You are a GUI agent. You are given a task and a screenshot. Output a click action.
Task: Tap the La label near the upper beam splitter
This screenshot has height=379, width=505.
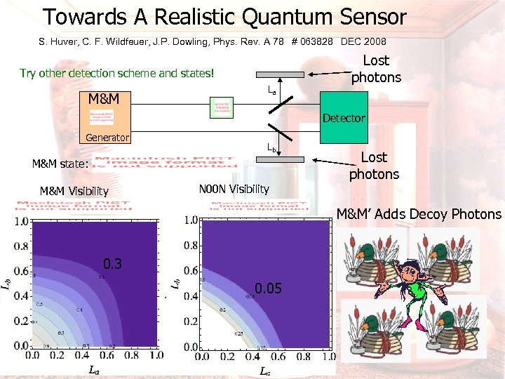tap(271, 91)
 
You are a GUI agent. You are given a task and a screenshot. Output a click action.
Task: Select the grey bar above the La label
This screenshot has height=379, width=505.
tap(280, 74)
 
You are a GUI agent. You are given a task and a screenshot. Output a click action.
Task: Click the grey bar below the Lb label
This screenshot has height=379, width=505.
tap(280, 159)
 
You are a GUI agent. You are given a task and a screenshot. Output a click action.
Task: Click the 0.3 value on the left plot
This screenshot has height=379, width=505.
tap(113, 264)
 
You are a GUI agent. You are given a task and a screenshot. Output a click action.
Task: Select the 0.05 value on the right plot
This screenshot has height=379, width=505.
tap(269, 288)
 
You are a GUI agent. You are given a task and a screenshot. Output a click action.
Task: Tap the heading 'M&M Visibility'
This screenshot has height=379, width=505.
tap(74, 191)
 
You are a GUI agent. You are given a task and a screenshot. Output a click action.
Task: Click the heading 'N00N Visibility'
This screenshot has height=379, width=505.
tap(234, 189)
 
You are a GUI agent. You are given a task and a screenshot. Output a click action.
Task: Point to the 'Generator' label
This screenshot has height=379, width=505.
tap(107, 138)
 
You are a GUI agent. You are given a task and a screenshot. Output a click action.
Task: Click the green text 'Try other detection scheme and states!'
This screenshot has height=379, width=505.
tap(116, 73)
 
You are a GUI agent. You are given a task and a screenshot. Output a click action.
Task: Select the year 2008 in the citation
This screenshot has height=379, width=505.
tap(373, 41)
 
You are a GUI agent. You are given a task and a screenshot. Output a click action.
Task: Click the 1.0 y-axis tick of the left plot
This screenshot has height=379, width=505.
tap(20, 222)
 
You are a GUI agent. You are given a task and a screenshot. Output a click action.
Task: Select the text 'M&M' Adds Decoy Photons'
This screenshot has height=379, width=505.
tap(419, 214)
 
